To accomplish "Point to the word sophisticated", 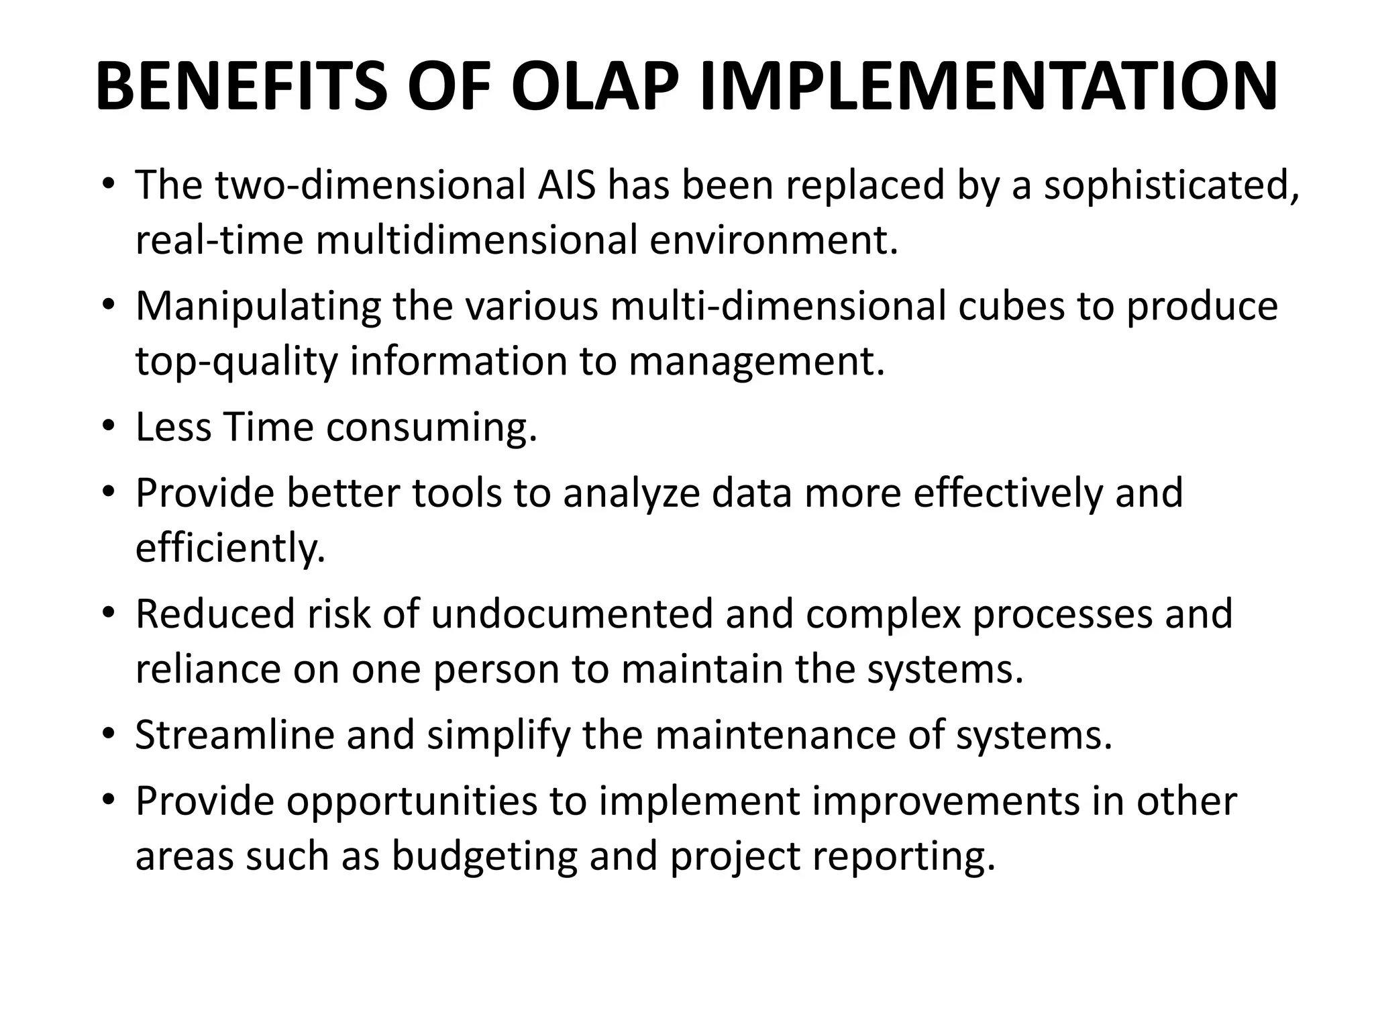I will pos(1171,186).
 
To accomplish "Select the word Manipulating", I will pos(258,307).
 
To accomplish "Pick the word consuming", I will pos(431,428).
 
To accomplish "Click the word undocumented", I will pos(572,614).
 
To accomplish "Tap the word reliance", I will pos(207,669).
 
